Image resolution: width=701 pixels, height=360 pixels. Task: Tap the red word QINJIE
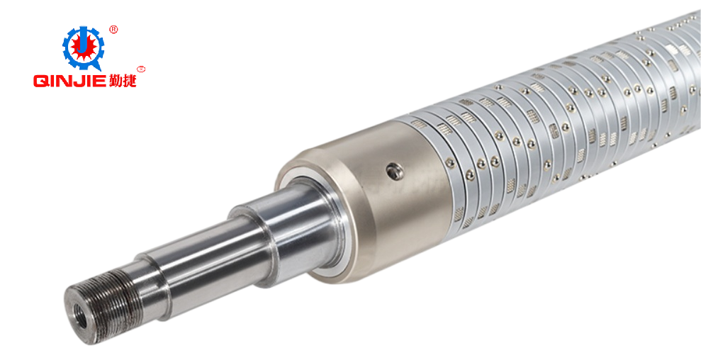69,81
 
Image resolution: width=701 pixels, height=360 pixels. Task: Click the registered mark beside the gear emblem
113,30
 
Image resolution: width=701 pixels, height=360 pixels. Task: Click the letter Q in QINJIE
40,81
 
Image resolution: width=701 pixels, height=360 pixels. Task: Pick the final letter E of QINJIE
101,81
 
